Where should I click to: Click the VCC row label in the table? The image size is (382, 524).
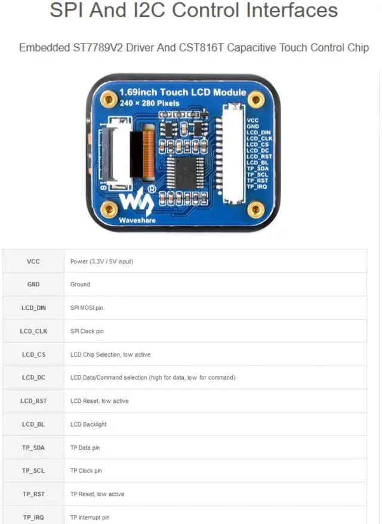tap(33, 261)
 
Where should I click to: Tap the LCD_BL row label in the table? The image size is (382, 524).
tap(33, 424)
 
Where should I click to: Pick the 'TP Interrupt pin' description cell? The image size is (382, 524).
tap(90, 517)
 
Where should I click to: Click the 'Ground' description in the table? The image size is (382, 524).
tap(80, 285)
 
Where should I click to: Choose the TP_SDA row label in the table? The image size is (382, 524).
tap(33, 448)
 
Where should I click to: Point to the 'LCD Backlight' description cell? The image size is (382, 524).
tap(88, 424)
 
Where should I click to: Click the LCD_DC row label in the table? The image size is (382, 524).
tap(33, 378)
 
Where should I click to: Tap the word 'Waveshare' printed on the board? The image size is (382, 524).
tap(137, 220)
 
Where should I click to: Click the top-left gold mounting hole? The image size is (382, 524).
tap(109, 99)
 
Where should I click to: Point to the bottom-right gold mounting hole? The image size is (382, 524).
tap(256, 209)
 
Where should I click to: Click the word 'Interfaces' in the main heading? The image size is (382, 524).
tap(284, 10)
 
